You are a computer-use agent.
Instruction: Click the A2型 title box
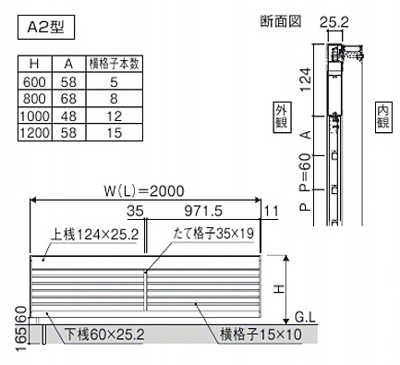46,27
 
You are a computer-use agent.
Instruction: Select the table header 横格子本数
114,64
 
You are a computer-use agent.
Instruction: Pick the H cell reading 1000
35,116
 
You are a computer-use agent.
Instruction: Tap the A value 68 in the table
68,99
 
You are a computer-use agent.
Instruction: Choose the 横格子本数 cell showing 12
115,116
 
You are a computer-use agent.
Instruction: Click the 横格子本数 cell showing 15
115,133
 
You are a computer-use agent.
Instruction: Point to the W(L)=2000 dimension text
144,191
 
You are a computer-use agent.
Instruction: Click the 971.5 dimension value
203,211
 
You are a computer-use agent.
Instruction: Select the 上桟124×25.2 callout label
94,235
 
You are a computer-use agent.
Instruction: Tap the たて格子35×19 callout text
213,234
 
